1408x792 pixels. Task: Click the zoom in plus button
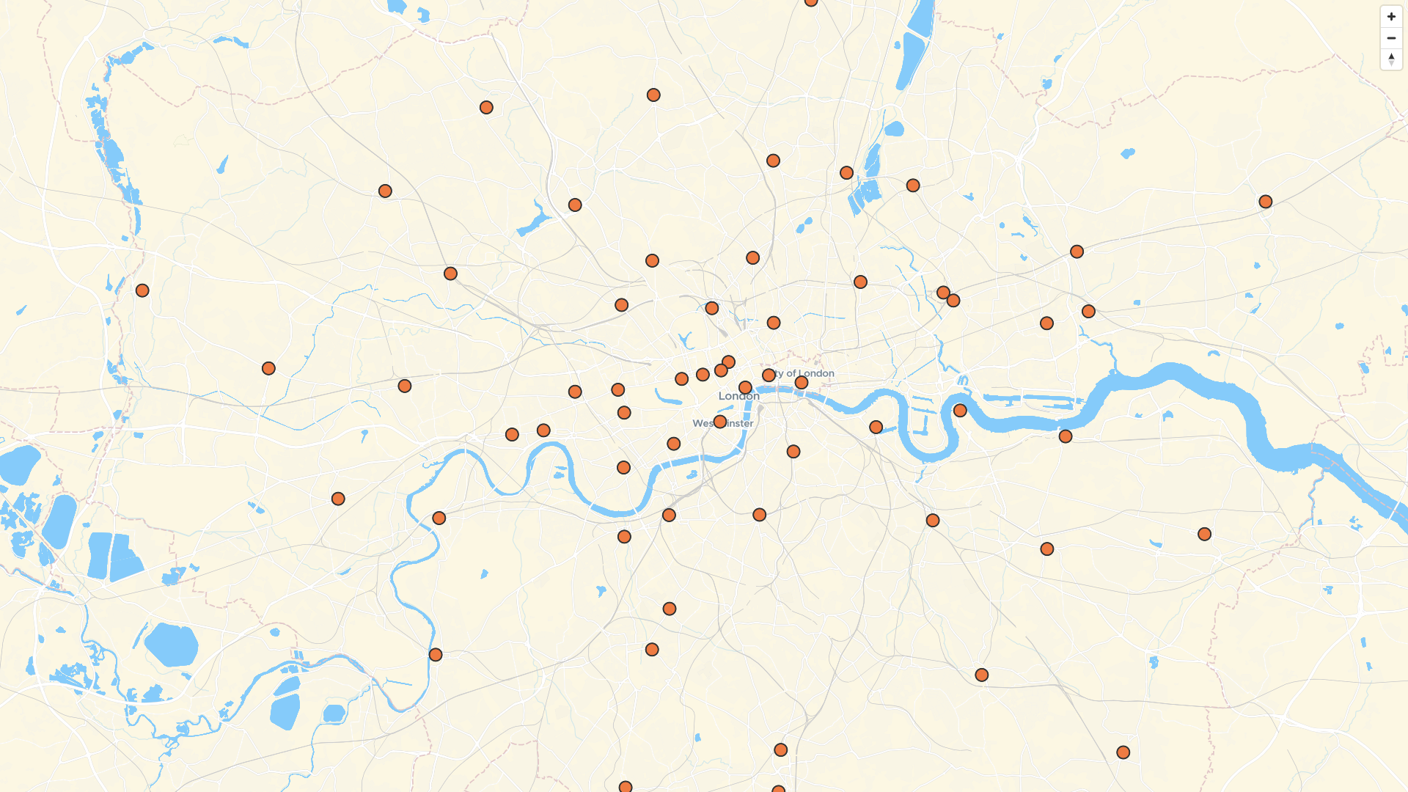(1391, 17)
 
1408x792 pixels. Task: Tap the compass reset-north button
(1391, 59)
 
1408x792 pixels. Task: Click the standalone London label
(738, 396)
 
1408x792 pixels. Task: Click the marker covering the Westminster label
(720, 422)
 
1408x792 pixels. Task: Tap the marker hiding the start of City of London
(769, 375)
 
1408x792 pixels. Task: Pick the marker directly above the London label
(745, 387)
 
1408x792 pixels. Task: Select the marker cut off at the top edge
(811, 2)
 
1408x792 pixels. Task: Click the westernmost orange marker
(142, 290)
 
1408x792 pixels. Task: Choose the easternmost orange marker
(1265, 202)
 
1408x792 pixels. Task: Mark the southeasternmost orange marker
(1123, 752)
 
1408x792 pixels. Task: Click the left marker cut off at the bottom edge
(626, 787)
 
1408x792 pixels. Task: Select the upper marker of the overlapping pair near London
(728, 362)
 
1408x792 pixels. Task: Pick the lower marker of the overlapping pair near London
(721, 370)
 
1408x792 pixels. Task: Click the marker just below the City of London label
(802, 383)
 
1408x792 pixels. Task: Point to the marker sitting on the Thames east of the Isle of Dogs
(960, 411)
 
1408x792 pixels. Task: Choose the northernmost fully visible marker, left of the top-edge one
(653, 95)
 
